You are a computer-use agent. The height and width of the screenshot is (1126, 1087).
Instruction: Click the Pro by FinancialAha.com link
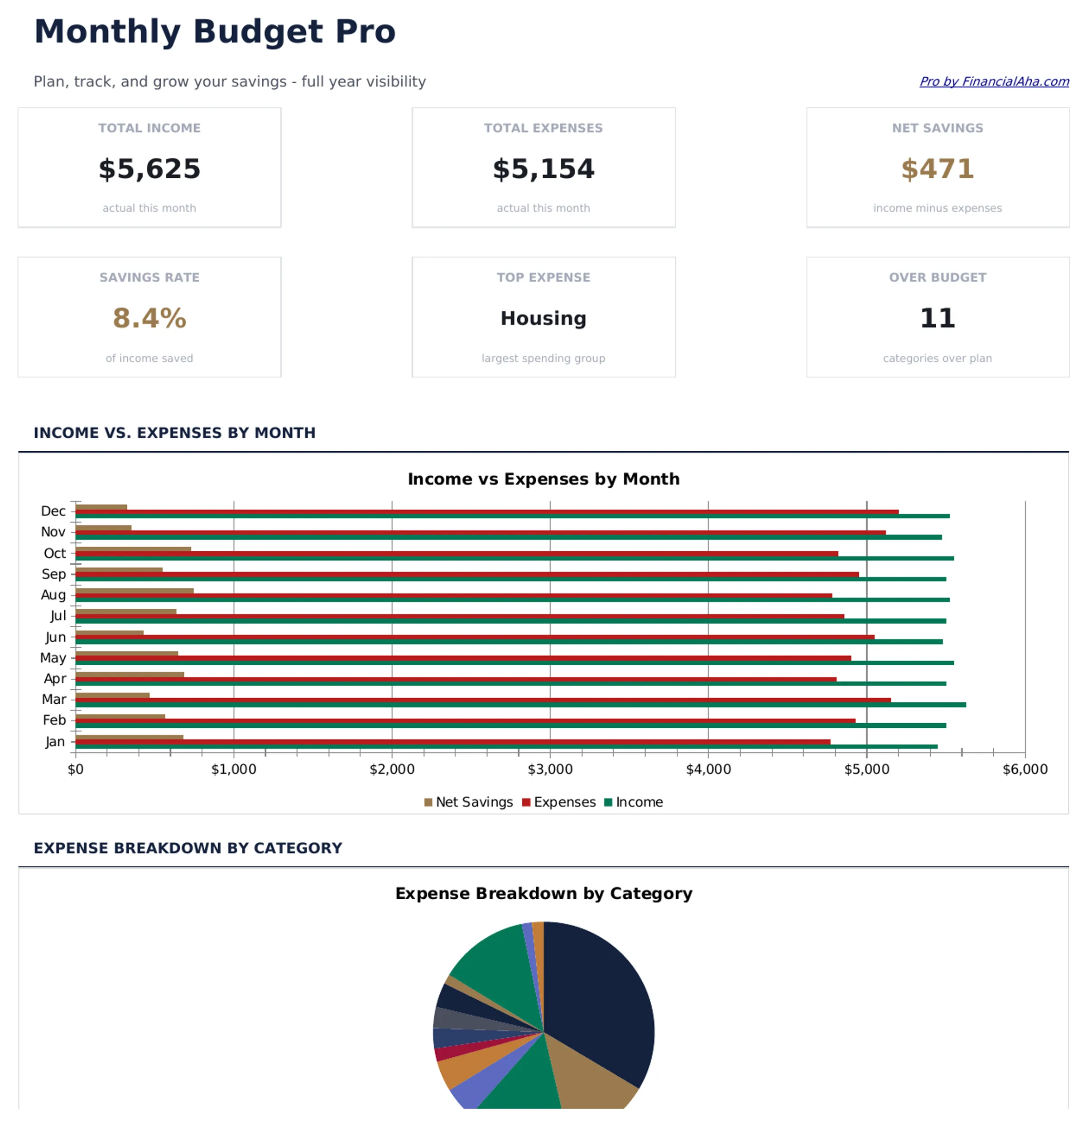pos(994,81)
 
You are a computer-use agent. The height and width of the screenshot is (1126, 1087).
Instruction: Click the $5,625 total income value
pos(149,169)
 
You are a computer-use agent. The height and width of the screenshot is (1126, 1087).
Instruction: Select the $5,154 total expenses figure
pos(543,169)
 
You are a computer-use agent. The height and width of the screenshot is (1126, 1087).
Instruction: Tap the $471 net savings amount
pos(937,169)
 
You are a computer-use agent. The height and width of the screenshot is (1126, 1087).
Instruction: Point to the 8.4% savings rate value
pos(149,318)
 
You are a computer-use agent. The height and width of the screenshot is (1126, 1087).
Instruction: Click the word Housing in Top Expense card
pos(543,318)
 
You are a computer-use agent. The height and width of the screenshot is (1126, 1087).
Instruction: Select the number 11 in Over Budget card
pos(937,318)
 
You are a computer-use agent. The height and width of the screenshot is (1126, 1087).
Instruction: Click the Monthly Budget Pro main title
pos(214,32)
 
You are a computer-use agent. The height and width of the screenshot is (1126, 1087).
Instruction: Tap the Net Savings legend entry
pos(468,802)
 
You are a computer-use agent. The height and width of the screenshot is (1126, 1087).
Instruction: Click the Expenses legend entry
pos(559,802)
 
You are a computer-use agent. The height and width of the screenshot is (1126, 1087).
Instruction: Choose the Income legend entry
pos(634,802)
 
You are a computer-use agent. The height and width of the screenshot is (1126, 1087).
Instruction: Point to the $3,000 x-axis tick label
pos(550,769)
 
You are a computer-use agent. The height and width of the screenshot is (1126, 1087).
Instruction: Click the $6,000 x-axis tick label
pos(1025,769)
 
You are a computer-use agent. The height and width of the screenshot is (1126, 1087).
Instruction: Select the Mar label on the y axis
pos(54,699)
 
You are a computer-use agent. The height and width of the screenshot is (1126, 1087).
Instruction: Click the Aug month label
pos(53,595)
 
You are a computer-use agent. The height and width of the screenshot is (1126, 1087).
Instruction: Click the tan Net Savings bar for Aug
pos(135,591)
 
